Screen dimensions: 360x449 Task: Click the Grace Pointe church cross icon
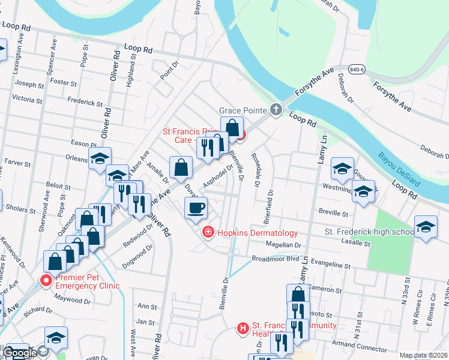276,110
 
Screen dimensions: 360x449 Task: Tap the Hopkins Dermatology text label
258,233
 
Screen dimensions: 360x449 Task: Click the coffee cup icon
196,209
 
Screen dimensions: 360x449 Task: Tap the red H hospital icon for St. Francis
243,328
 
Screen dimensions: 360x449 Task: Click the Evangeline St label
330,265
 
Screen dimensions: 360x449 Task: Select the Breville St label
333,213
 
